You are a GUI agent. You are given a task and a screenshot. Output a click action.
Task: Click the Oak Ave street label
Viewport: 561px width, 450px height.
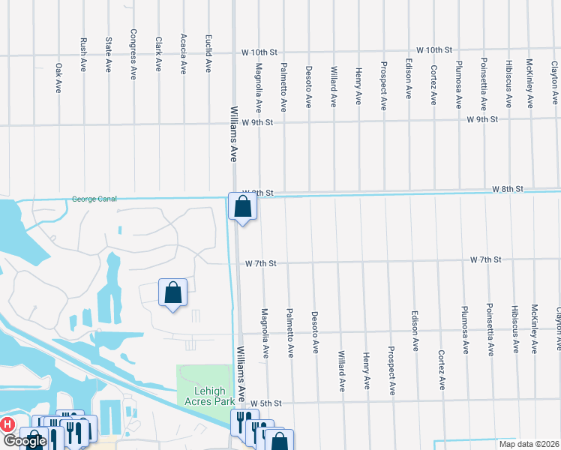(58, 77)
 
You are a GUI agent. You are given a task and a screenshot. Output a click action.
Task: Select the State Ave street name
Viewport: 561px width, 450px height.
(108, 55)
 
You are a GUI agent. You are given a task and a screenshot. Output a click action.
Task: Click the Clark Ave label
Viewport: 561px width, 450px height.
(158, 55)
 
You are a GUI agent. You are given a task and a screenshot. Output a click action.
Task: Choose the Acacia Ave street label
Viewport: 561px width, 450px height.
(183, 53)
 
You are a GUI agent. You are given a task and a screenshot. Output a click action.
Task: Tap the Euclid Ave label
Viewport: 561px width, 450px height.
(208, 53)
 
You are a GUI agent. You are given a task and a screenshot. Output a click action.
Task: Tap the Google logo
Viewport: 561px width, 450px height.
(25, 442)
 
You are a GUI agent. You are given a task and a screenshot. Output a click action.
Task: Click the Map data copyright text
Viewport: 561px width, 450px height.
(528, 444)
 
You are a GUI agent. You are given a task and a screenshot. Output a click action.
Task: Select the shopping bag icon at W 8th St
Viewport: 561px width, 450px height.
(242, 207)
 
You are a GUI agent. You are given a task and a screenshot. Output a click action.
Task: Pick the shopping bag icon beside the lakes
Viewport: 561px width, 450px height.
(172, 293)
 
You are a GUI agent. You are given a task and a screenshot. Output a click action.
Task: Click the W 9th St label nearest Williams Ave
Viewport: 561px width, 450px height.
(257, 121)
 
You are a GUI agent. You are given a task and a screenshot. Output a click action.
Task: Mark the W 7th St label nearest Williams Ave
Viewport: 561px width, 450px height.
(261, 263)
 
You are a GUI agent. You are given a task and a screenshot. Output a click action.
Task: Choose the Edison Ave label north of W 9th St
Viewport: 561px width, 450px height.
(409, 79)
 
